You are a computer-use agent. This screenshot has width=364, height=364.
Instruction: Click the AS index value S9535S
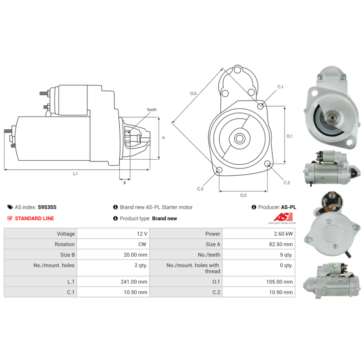pyautogui.click(x=47, y=207)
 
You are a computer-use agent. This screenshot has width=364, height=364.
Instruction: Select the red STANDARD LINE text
pyautogui.click(x=35, y=218)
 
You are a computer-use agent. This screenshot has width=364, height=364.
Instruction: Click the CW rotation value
pyautogui.click(x=142, y=244)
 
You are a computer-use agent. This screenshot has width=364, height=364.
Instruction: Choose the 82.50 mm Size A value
pyautogui.click(x=281, y=244)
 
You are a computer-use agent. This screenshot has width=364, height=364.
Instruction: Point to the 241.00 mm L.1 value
pyautogui.click(x=134, y=282)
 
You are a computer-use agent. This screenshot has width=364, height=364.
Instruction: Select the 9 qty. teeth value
pyautogui.click(x=286, y=255)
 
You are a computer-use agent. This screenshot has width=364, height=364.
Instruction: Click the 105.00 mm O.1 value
pyautogui.click(x=279, y=282)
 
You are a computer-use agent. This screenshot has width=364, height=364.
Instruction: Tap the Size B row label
pyautogui.click(x=67, y=255)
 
